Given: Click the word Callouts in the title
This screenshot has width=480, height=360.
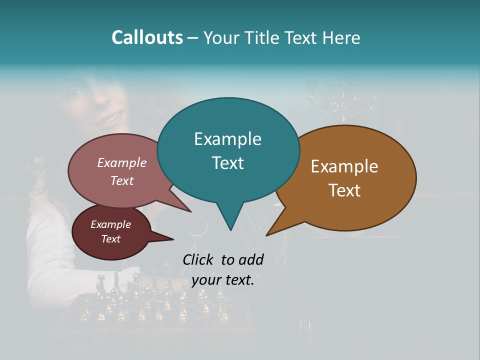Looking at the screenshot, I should (x=147, y=37).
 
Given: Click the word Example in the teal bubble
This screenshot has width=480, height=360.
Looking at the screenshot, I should (x=227, y=139).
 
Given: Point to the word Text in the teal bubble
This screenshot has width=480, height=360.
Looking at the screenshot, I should (x=227, y=162).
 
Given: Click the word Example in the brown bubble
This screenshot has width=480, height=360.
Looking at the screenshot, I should (x=344, y=166).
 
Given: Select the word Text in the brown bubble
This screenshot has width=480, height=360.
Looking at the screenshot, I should (x=344, y=190).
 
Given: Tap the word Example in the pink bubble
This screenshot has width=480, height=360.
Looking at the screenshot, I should (x=122, y=162).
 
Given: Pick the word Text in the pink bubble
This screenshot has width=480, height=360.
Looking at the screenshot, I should (x=122, y=180).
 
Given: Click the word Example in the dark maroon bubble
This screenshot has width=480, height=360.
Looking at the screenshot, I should (x=111, y=224).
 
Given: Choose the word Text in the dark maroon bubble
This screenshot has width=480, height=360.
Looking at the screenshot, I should (x=111, y=239).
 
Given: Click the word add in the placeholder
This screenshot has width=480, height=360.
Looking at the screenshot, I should (x=251, y=259).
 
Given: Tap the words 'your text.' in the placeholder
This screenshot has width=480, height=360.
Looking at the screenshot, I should (x=223, y=280).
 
